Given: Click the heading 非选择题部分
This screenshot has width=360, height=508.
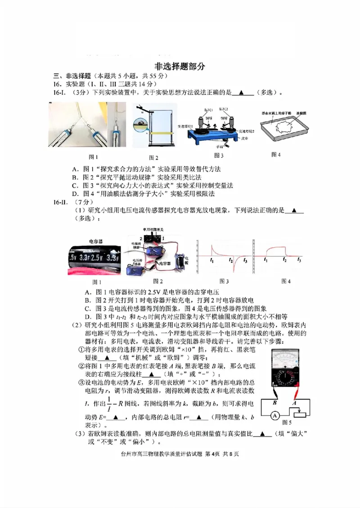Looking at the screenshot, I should click(180, 66).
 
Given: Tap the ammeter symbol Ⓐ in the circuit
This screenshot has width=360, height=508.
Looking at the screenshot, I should click(273, 416).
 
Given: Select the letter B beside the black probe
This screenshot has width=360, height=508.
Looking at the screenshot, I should click(274, 402).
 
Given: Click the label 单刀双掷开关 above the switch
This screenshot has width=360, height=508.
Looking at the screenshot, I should click(153, 229).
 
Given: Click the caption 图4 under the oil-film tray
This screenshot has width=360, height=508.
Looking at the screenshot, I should click(276, 155).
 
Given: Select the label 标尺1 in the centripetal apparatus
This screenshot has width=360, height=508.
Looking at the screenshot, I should click(207, 110).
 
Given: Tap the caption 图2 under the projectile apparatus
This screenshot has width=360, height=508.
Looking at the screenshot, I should click(154, 157).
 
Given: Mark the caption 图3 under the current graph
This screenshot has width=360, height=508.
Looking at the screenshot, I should click(224, 281).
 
